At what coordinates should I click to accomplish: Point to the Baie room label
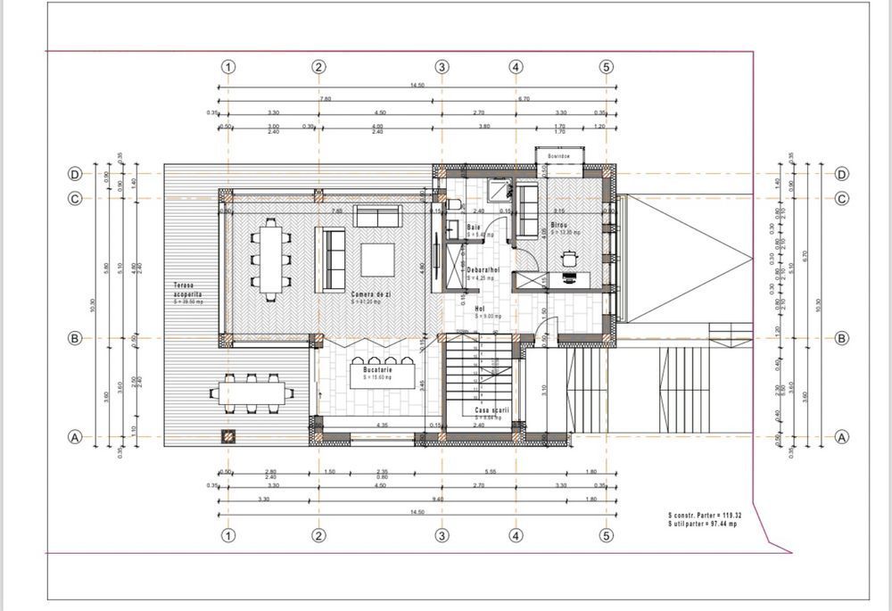click(x=475, y=227)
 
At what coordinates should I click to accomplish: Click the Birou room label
click(x=559, y=226)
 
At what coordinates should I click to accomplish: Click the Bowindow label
click(x=559, y=157)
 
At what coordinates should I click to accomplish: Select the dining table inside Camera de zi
click(x=269, y=259)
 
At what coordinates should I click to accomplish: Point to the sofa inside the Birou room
click(x=528, y=202)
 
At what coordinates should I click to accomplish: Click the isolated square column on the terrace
click(x=228, y=436)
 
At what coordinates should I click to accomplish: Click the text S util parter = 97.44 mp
click(x=705, y=524)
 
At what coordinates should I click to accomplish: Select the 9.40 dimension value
click(x=440, y=500)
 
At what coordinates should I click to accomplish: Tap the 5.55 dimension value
click(x=516, y=471)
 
